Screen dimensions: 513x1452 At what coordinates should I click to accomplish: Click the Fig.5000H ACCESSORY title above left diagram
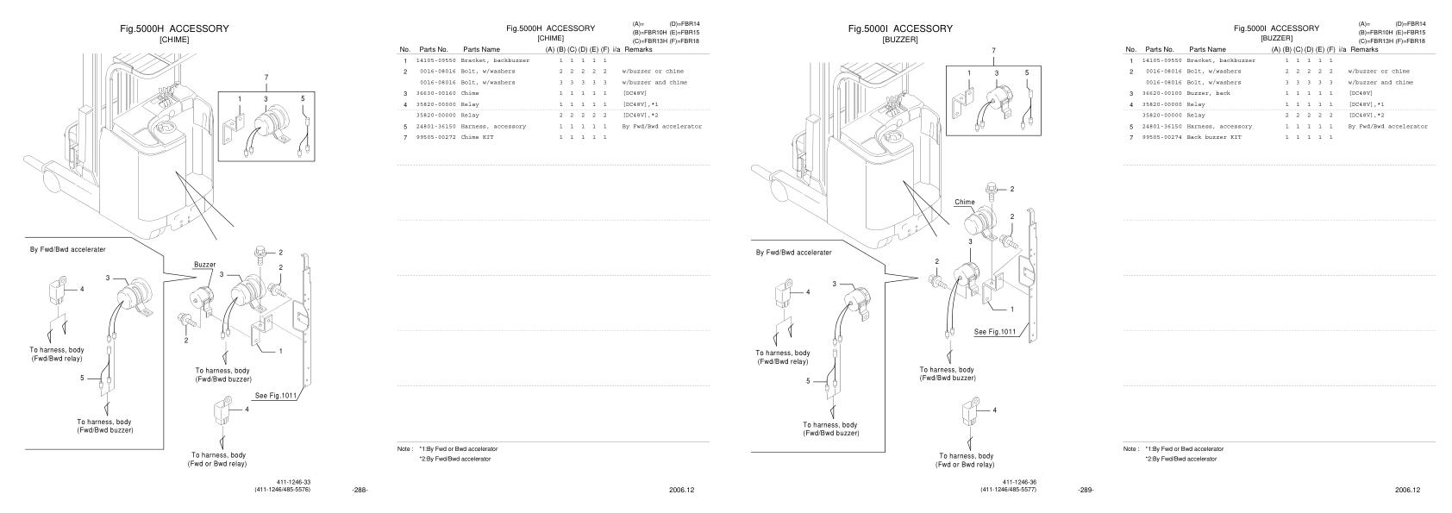[174, 28]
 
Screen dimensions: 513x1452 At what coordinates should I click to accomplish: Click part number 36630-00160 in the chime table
[435, 93]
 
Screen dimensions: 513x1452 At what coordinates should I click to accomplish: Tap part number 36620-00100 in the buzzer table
[1161, 93]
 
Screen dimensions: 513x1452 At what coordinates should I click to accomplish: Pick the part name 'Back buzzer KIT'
[1214, 137]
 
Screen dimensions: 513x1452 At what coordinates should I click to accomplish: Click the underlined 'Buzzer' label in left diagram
[204, 264]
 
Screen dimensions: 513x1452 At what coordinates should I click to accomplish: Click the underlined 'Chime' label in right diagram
[964, 202]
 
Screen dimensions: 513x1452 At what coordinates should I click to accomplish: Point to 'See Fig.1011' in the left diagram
[276, 396]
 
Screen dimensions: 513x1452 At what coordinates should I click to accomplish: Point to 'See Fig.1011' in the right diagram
[995, 331]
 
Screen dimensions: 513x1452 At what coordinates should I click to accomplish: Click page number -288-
[360, 490]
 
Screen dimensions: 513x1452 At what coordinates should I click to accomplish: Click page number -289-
[1086, 490]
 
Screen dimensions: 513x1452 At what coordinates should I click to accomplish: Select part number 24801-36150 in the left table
[435, 126]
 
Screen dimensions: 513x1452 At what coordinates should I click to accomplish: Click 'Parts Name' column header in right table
[1207, 49]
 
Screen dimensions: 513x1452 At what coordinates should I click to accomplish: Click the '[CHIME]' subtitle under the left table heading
[550, 38]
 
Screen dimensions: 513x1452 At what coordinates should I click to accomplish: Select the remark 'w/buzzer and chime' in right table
[1380, 83]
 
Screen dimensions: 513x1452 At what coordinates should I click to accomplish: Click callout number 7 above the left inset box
[266, 78]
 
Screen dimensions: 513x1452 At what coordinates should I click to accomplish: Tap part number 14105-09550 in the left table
[435, 60]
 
